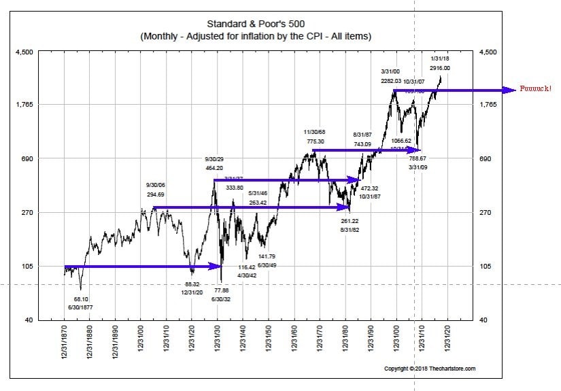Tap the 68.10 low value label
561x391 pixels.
[x=82, y=298]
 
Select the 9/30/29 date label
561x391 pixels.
[x=215, y=158]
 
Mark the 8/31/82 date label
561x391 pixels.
[x=350, y=231]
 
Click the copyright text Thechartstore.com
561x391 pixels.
[x=430, y=369]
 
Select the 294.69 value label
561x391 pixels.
[x=156, y=194]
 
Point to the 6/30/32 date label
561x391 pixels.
[x=222, y=299]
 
